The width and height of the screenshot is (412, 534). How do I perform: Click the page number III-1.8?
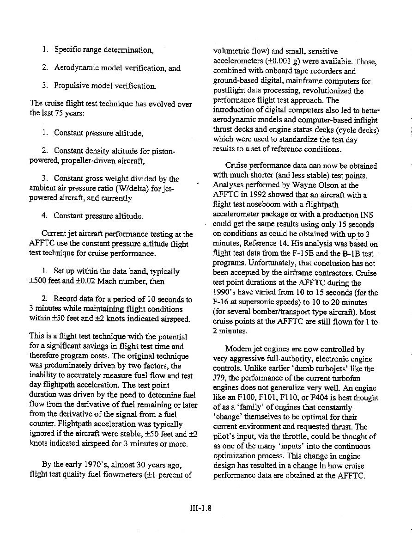click(200, 508)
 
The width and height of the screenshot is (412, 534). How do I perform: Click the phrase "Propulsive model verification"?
click(105, 86)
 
